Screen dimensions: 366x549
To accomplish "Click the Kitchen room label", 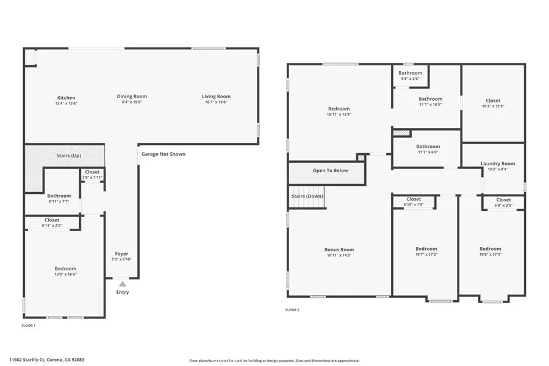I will pyautogui.click(x=66, y=98).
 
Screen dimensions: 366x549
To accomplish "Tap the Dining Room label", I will pyautogui.click(x=132, y=96).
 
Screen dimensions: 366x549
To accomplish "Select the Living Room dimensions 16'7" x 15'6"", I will pyautogui.click(x=216, y=102).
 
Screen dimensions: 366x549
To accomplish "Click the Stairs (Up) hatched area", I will pyautogui.click(x=64, y=156).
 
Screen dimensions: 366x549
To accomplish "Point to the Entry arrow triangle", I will pyautogui.click(x=123, y=284).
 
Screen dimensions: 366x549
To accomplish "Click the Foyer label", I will pyautogui.click(x=122, y=254).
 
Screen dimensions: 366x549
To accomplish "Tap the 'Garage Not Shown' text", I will pyautogui.click(x=163, y=154).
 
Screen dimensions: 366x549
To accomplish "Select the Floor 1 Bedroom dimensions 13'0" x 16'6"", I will pyautogui.click(x=66, y=274).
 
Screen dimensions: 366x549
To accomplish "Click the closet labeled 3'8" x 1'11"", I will pyautogui.click(x=92, y=174).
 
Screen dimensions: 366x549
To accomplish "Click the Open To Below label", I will pyautogui.click(x=330, y=171).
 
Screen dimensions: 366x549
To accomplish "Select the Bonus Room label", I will pyautogui.click(x=339, y=249).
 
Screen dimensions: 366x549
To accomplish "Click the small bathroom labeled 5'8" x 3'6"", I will pyautogui.click(x=411, y=76).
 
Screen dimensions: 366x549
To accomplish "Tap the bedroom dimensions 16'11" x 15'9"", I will pyautogui.click(x=339, y=114).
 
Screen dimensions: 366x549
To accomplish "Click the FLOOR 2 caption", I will pyautogui.click(x=293, y=310).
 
